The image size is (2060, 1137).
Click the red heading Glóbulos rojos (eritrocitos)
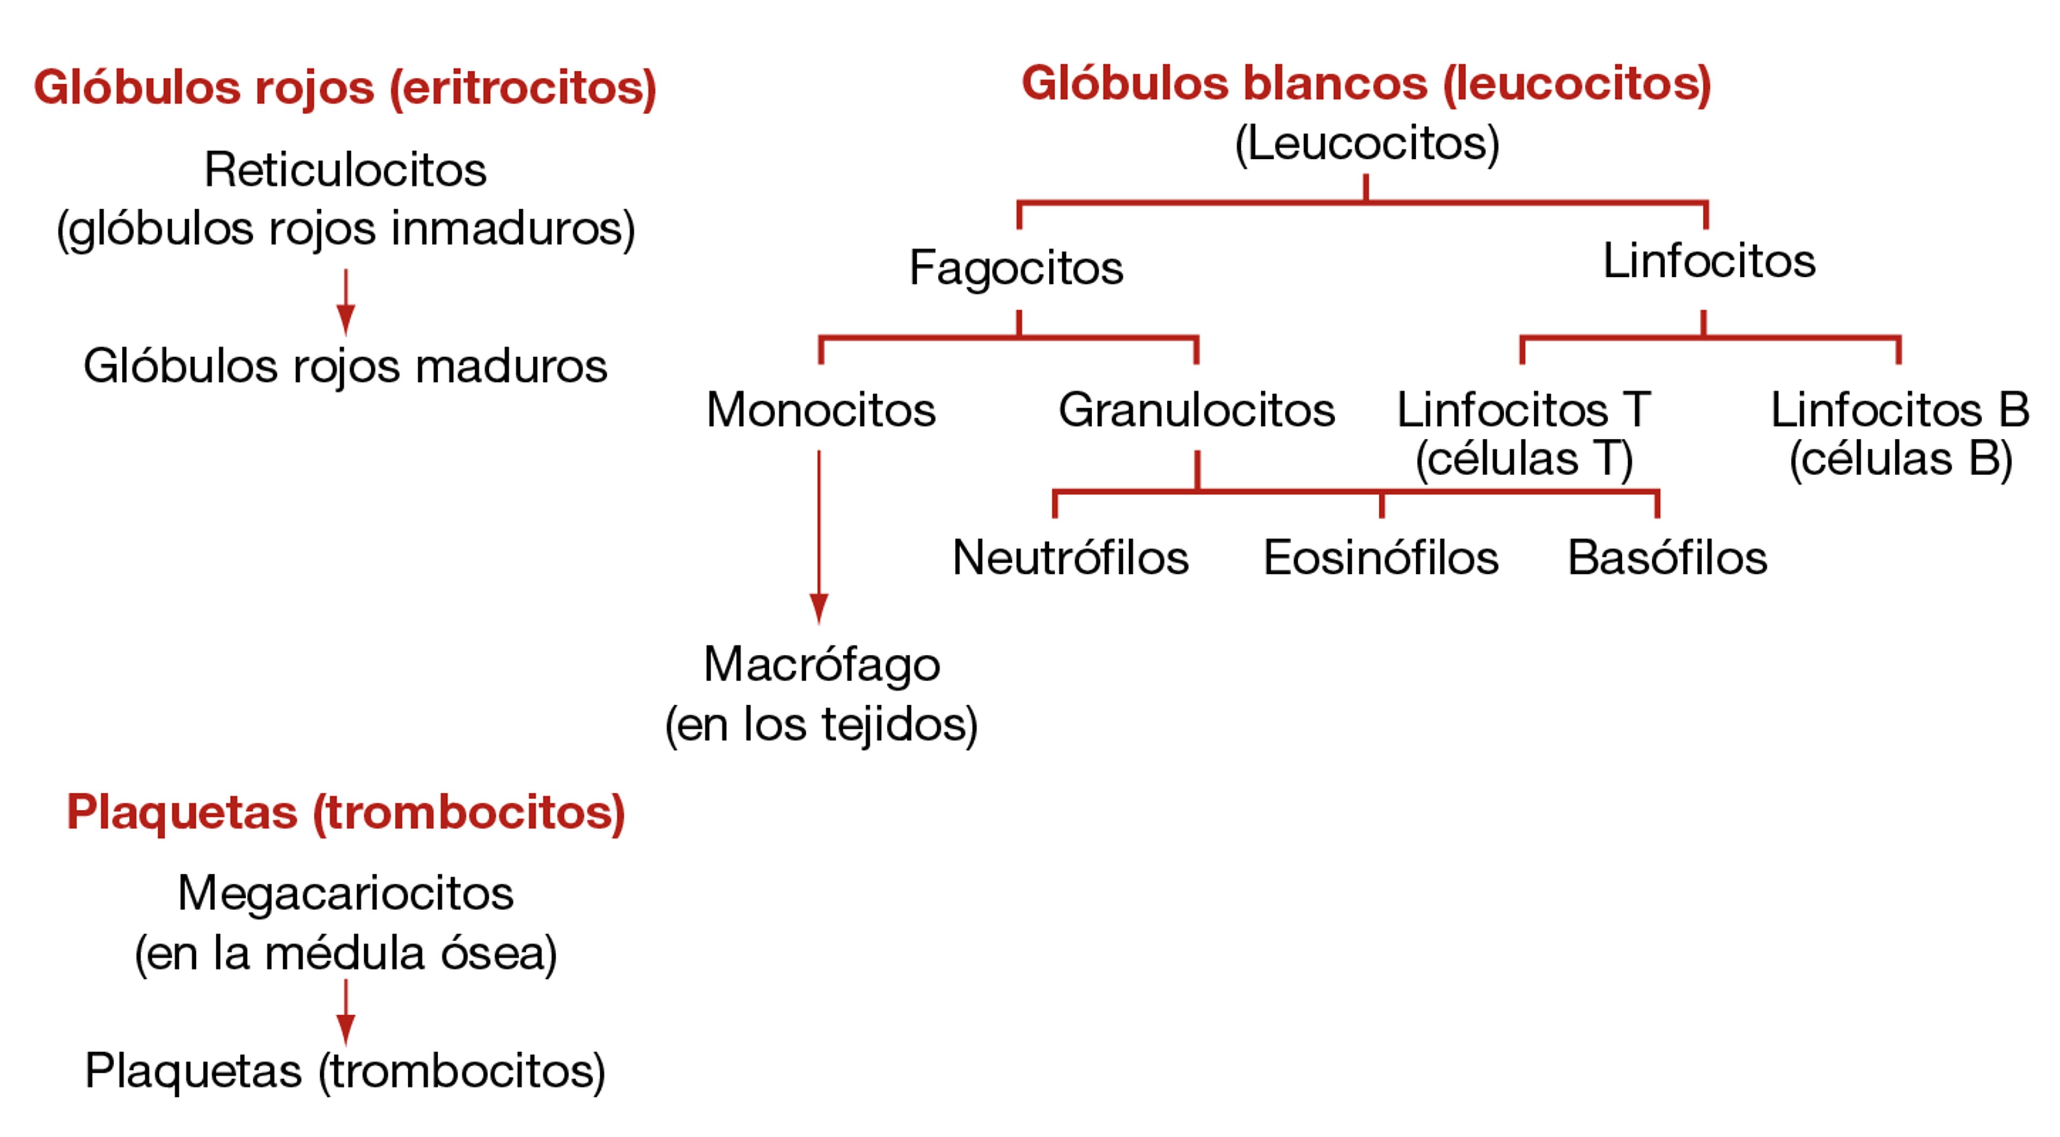tap(344, 87)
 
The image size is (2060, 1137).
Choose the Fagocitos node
tap(1016, 267)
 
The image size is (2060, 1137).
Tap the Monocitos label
tap(820, 410)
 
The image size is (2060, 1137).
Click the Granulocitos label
tap(1196, 410)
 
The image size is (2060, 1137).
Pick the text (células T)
tap(1524, 459)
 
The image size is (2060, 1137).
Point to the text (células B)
tap(1900, 459)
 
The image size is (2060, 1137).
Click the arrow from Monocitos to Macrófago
tap(819, 536)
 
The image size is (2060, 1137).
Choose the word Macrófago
tap(821, 665)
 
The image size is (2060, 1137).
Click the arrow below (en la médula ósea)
tap(345, 1012)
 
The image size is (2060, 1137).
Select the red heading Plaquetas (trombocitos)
tap(345, 813)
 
